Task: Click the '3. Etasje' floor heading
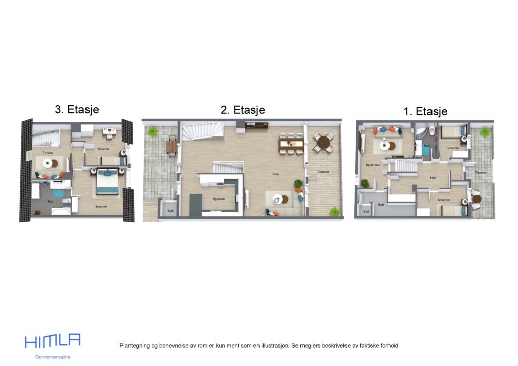pos(76,109)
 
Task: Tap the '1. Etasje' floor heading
pos(425,112)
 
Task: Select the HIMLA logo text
pos(53,341)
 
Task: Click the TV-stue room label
pos(47,152)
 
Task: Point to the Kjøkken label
pos(219,199)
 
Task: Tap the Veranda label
pos(323,172)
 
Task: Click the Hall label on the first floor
pos(433,178)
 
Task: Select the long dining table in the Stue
pos(291,144)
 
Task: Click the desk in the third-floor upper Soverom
pos(109,131)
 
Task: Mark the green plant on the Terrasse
pos(485,132)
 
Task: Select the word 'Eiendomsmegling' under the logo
pos(53,357)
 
